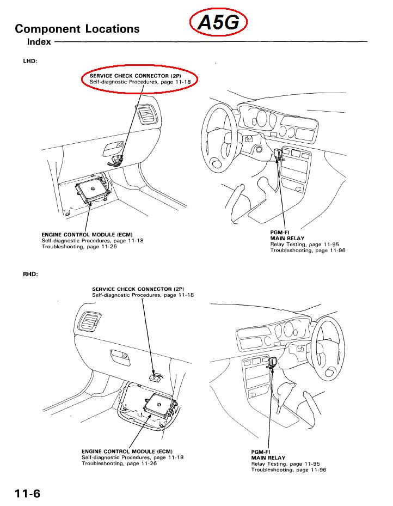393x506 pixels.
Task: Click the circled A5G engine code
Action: [219, 23]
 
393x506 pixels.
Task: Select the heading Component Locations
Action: [77, 29]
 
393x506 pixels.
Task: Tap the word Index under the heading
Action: [40, 41]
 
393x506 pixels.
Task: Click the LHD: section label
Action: [30, 61]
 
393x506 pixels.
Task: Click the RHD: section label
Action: [30, 273]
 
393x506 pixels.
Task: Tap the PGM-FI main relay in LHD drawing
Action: [280, 155]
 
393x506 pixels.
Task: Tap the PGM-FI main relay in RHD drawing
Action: [273, 363]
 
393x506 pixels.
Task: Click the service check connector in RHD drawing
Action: [155, 376]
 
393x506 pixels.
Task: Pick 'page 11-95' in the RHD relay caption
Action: [307, 464]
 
